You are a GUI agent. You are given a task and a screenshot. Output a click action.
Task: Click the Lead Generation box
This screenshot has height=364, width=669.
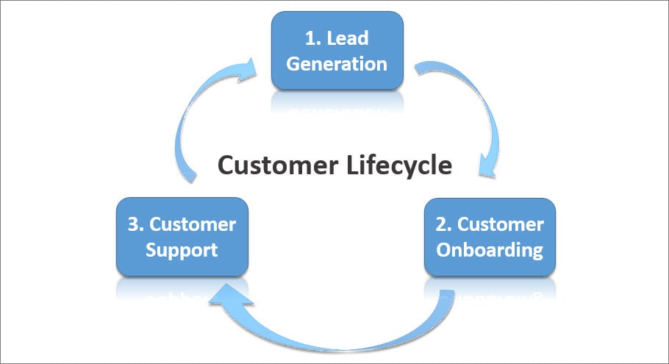pos(337,51)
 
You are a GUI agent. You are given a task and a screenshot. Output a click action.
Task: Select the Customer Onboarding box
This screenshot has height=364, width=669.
pos(490,238)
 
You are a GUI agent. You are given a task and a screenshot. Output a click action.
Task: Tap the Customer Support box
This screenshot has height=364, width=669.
pos(182,237)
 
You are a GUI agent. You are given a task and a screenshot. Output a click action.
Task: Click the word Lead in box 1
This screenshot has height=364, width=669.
pos(348,38)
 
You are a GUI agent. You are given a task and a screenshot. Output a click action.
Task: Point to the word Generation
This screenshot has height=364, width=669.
pos(337,64)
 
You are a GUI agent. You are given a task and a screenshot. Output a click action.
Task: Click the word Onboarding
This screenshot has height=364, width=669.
pos(490,251)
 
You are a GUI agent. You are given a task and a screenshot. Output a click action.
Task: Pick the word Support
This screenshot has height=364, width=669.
pos(182,251)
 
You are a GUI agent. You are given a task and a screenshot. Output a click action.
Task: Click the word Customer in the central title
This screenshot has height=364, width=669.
pos(278,165)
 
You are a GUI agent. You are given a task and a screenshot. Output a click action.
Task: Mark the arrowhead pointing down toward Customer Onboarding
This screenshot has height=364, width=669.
pos(487,166)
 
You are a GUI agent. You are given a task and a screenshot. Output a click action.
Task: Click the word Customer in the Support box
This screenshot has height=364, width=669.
pos(193,224)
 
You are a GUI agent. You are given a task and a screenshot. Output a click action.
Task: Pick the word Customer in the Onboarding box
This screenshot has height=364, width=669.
pos(501,224)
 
